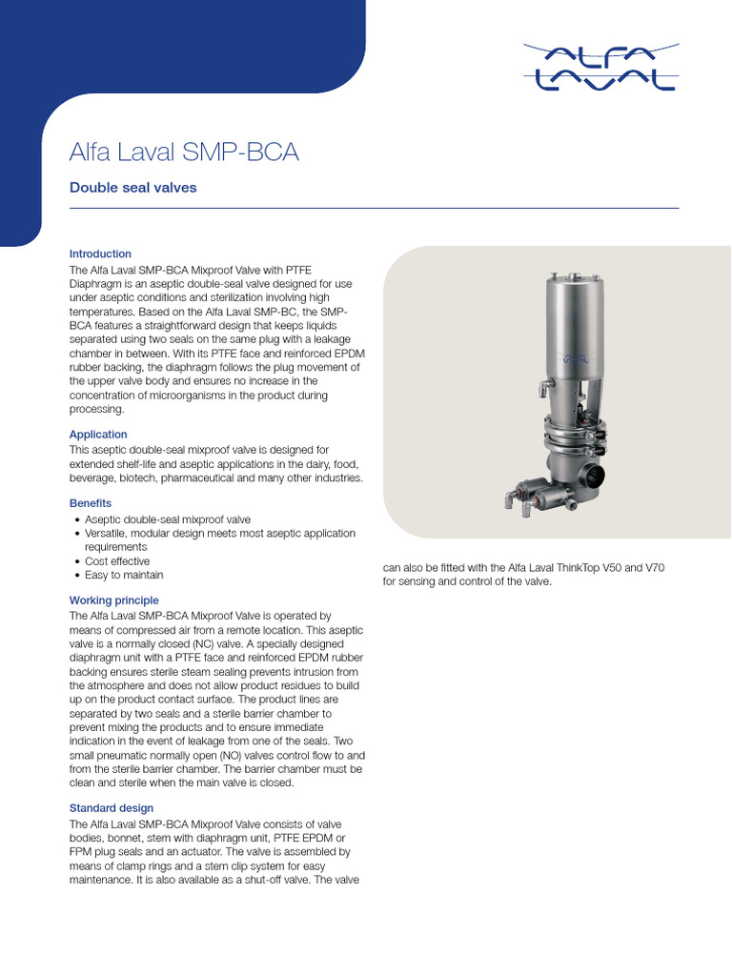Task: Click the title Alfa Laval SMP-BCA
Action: click(185, 152)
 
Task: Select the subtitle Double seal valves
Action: click(133, 188)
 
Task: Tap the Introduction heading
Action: click(100, 254)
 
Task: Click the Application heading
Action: click(98, 435)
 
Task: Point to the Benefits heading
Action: click(91, 502)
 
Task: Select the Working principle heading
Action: click(114, 600)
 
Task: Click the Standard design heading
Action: click(112, 808)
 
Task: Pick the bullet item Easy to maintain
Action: click(124, 575)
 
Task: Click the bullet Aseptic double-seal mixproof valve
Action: click(168, 519)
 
